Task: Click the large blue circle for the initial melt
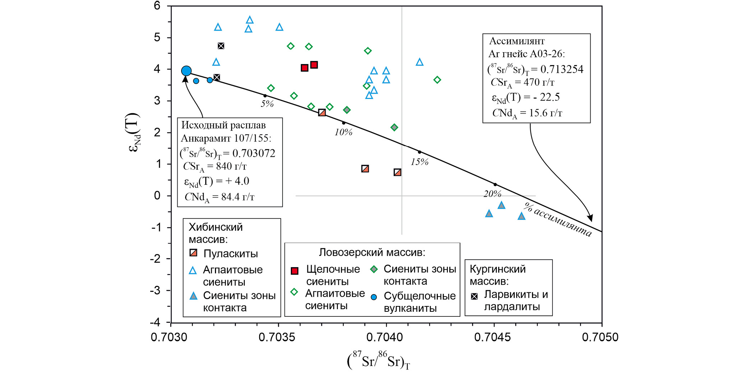(x=186, y=71)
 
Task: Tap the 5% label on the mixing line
(x=267, y=104)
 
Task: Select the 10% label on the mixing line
(x=343, y=132)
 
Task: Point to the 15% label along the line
(x=419, y=162)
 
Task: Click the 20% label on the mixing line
(x=492, y=194)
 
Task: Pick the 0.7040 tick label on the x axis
(x=385, y=337)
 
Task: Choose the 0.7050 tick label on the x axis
(x=600, y=337)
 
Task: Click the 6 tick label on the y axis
(x=157, y=6)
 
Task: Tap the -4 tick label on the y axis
(x=155, y=322)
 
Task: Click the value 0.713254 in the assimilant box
(x=562, y=69)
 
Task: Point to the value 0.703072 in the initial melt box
(x=254, y=153)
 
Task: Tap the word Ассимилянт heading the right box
(x=517, y=41)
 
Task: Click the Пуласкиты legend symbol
(x=193, y=253)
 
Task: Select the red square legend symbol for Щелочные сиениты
(x=294, y=271)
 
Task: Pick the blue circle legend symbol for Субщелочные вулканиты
(x=374, y=297)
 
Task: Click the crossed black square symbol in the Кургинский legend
(x=474, y=296)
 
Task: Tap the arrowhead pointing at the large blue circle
(x=185, y=79)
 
